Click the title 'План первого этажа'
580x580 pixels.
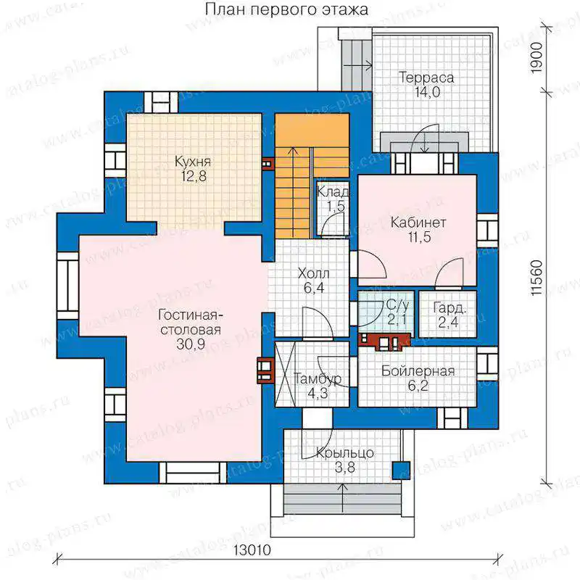click(x=286, y=9)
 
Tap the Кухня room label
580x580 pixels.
click(x=193, y=162)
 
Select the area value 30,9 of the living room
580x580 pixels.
click(x=191, y=344)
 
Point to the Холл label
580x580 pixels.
click(x=313, y=274)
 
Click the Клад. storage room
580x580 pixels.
click(x=333, y=208)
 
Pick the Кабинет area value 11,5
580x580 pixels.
click(x=420, y=237)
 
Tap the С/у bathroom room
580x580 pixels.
click(x=388, y=314)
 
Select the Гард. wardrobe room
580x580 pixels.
click(x=447, y=314)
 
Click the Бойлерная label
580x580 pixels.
click(x=418, y=371)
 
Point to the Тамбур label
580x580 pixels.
click(x=318, y=378)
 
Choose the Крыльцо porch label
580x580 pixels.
click(x=345, y=453)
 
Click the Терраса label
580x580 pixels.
click(x=426, y=78)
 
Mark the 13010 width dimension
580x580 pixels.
click(x=252, y=550)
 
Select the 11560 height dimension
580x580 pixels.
click(x=536, y=278)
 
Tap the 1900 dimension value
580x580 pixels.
click(x=536, y=58)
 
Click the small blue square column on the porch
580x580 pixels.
click(x=402, y=471)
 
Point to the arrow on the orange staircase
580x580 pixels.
click(x=294, y=192)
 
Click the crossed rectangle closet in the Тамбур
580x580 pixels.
click(x=285, y=374)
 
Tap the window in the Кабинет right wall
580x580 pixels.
click(x=487, y=231)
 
